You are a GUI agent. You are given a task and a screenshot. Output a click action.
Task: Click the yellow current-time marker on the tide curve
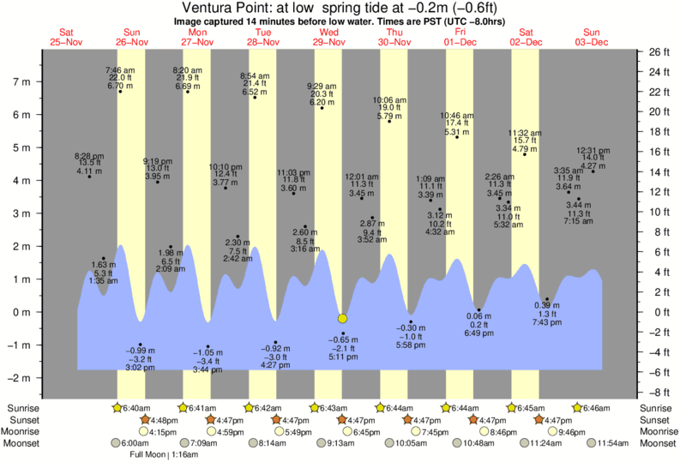point(343,318)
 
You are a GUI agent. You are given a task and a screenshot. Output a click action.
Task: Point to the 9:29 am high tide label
point(322,87)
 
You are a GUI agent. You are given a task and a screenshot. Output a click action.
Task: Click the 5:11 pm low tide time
point(343,356)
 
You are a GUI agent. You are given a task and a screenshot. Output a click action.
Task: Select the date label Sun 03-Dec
point(591,36)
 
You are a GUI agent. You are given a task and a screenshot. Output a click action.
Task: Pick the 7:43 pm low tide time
point(547,321)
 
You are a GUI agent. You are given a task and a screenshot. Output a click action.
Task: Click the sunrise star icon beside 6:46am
point(577,407)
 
